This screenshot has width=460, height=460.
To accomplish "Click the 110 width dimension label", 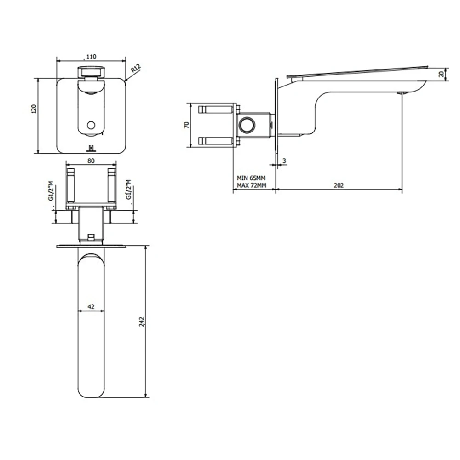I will coord(91,57).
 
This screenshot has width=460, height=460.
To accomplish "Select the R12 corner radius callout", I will coord(135,69).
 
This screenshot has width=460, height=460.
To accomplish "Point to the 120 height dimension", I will coord(33,109).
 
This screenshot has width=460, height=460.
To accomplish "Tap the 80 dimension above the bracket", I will coord(91,161).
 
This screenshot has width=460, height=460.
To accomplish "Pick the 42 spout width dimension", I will coord(91,305).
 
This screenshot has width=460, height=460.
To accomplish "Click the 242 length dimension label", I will coord(142,321).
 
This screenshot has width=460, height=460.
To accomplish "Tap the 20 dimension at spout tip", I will coord(442,74).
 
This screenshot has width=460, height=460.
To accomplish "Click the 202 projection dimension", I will coord(339,185).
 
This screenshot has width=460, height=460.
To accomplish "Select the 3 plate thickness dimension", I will coord(284,161).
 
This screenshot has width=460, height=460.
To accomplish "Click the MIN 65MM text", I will coord(251,178).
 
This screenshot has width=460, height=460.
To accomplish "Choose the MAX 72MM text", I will coord(251,185).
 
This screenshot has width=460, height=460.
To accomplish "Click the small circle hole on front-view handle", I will coord(91,125).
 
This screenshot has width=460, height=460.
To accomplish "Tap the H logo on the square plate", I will coord(91,148).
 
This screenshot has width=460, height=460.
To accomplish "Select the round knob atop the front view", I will coord(91,72).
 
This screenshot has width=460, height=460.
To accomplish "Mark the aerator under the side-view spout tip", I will coord(403,93).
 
